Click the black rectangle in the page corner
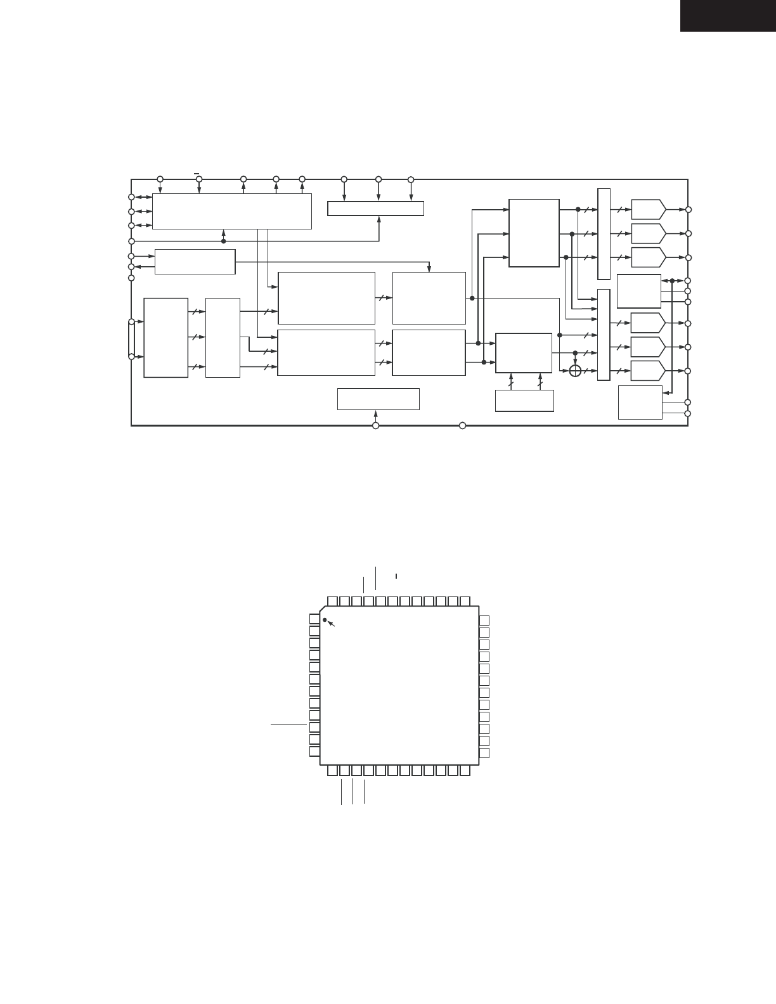click(728, 15)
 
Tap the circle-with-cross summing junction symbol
click(575, 370)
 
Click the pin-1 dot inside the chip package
click(325, 620)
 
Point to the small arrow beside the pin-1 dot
click(331, 625)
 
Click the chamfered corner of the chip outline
click(324, 610)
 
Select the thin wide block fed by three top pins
click(375, 209)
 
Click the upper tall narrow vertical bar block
click(604, 233)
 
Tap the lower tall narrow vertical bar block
click(604, 335)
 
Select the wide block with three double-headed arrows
click(232, 211)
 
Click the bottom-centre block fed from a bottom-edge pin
click(378, 399)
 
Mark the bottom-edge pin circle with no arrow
click(462, 425)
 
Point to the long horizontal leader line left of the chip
click(288, 724)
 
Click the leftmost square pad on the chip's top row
click(332, 601)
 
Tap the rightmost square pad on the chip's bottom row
click(465, 771)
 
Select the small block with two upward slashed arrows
click(524, 401)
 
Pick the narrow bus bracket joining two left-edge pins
click(131, 339)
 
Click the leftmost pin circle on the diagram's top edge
click(160, 179)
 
